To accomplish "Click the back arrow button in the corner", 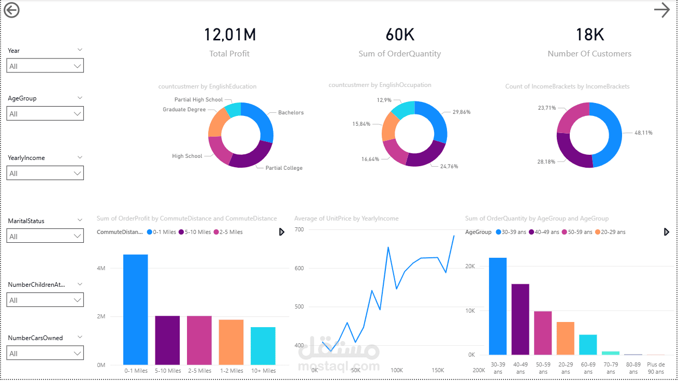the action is (11, 10).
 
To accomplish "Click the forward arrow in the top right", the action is (662, 10).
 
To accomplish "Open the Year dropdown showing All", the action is (45, 66).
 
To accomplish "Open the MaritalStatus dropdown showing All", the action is (45, 236).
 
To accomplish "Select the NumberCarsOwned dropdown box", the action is (45, 353).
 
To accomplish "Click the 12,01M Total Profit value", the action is (230, 35).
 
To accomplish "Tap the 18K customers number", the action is (589, 35).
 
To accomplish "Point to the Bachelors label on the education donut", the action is (291, 112).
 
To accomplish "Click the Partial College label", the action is (284, 168).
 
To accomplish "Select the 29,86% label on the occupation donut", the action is (461, 112).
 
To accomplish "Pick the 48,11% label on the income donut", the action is (643, 133).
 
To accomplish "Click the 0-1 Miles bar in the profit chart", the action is (136, 310).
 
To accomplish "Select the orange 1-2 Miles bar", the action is (231, 342).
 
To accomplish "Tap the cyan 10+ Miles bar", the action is (263, 346).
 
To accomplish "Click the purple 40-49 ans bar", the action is (521, 319).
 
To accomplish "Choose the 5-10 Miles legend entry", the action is (195, 232).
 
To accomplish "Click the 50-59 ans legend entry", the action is (577, 232).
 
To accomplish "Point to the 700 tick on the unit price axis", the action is (299, 229).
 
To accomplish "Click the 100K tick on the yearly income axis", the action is (397, 371).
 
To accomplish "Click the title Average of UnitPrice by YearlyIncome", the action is (347, 218).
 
